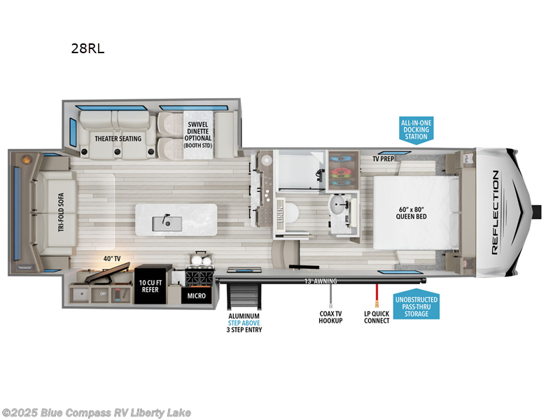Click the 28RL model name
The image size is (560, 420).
pos(87,49)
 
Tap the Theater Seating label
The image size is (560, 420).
pos(118,139)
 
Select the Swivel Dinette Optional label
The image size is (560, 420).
pos(197,134)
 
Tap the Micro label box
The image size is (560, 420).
pos(196,296)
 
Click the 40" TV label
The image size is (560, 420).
pos(113,259)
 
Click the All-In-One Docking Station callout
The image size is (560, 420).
pos(416,129)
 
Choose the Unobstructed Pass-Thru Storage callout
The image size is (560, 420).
pos(416,304)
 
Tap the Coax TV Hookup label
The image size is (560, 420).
pos(330,316)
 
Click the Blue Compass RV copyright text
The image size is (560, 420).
pos(96,412)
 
